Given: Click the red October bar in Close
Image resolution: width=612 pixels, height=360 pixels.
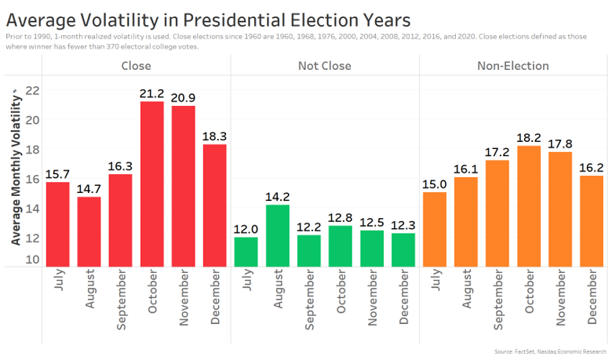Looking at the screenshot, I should click(x=151, y=184).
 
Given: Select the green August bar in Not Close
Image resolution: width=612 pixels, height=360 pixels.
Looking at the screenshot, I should click(x=278, y=235).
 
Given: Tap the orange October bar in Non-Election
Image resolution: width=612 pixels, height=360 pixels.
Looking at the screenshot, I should click(x=529, y=206).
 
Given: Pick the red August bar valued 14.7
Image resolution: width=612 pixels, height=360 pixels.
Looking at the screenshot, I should click(x=89, y=231).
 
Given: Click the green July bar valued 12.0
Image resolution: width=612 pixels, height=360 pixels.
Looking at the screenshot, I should click(x=246, y=252).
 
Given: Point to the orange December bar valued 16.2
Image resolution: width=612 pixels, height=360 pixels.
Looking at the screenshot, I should click(x=592, y=220).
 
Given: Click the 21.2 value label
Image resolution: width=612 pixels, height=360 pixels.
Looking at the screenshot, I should click(x=151, y=94).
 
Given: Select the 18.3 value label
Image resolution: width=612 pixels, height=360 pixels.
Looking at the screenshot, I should click(x=214, y=136).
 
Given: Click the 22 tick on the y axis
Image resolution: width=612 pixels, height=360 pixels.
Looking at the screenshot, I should click(x=32, y=90).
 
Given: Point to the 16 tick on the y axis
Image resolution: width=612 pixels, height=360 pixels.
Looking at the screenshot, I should click(x=32, y=179).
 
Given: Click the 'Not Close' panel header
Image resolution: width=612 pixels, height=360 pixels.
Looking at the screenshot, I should click(x=325, y=66).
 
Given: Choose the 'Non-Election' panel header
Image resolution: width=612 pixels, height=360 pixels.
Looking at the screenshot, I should click(x=513, y=66).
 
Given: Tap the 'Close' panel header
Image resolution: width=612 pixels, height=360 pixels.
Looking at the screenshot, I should click(x=137, y=66).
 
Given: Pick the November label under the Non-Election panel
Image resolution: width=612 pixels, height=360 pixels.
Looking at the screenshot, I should click(x=560, y=300).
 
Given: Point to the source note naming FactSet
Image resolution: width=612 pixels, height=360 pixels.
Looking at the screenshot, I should click(x=551, y=351).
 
